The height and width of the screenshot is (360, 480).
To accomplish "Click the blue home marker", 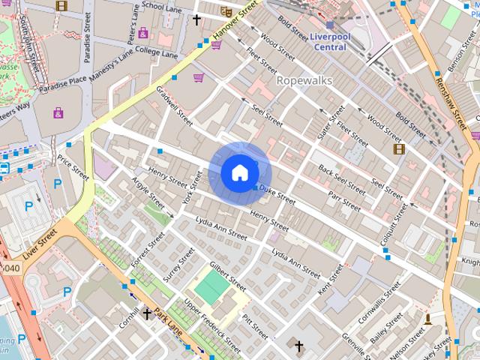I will (239, 173).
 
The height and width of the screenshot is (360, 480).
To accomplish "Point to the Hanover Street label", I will (233, 22).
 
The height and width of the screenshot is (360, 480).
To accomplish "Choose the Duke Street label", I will (278, 197).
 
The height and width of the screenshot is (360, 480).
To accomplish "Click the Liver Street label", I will (40, 245).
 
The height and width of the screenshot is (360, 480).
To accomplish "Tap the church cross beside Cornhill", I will (147, 313).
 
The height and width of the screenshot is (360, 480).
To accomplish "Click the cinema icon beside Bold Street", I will (399, 148).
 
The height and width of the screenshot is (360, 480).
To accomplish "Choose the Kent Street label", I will (330, 278).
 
